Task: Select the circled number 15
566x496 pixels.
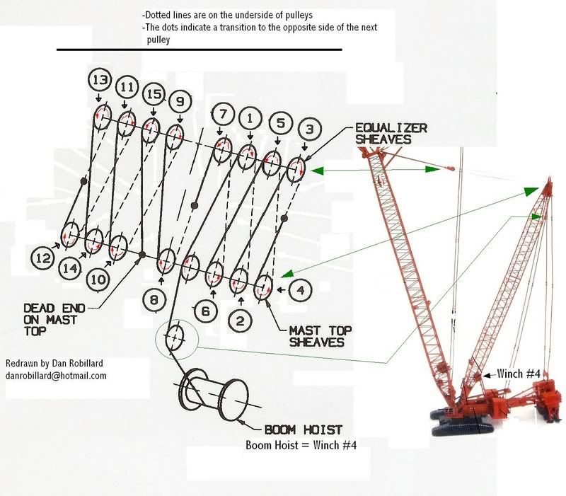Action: tap(154, 95)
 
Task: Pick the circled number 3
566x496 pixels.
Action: tap(309, 129)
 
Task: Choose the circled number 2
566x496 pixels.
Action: tap(241, 321)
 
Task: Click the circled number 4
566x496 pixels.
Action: tap(301, 289)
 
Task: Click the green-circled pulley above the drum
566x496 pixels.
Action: tap(175, 338)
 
